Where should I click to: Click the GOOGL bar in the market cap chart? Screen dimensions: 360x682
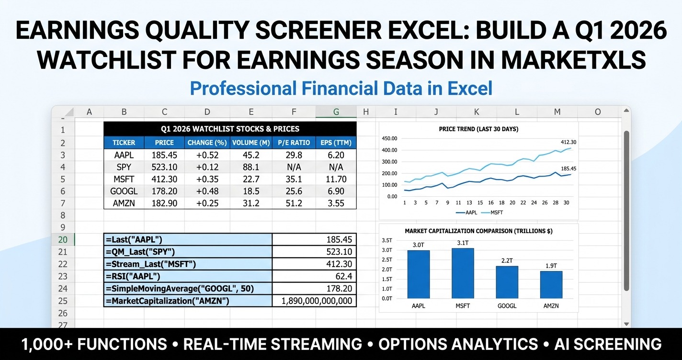pos(507,282)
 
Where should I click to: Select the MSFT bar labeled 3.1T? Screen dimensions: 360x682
pos(463,273)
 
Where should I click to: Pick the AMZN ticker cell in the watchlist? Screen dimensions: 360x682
pos(124,203)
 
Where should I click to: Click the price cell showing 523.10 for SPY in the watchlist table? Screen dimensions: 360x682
pos(164,167)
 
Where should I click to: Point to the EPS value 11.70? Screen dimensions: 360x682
pos(336,179)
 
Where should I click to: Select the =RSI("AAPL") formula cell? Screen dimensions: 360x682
pos(188,276)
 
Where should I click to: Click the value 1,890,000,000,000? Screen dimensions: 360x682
pos(317,301)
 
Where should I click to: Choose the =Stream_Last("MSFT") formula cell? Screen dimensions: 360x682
pos(188,264)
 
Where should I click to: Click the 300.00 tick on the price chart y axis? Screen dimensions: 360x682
pos(389,162)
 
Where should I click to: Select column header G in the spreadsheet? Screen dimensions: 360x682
pos(336,112)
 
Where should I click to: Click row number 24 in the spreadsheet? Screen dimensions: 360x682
pos(63,289)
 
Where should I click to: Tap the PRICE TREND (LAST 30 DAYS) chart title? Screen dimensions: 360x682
pos(478,129)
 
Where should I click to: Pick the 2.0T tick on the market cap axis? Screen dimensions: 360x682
pos(386,270)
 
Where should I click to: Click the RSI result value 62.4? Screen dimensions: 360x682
pos(342,276)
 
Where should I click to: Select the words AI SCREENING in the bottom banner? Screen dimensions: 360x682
pos(608,344)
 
